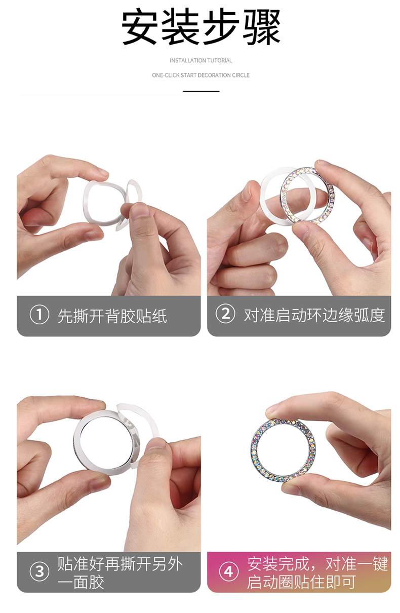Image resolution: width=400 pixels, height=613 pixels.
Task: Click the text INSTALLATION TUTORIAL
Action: point(201,60)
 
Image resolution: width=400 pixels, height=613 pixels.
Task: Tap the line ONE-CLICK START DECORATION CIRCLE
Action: point(201,75)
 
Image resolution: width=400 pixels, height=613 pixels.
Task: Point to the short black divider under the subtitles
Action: point(201,91)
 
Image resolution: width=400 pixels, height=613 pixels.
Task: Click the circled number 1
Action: point(39,315)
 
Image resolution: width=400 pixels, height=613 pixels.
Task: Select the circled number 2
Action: point(225,314)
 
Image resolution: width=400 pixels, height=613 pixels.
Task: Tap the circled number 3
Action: point(39,571)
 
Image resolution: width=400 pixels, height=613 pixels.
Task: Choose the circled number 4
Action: point(228,571)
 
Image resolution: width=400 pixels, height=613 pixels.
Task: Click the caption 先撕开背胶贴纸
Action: point(112,316)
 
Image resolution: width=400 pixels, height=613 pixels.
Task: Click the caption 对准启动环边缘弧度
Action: point(314,315)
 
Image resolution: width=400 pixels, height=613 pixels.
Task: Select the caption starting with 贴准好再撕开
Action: point(120,572)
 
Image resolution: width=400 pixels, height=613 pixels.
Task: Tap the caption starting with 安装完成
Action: point(317,572)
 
